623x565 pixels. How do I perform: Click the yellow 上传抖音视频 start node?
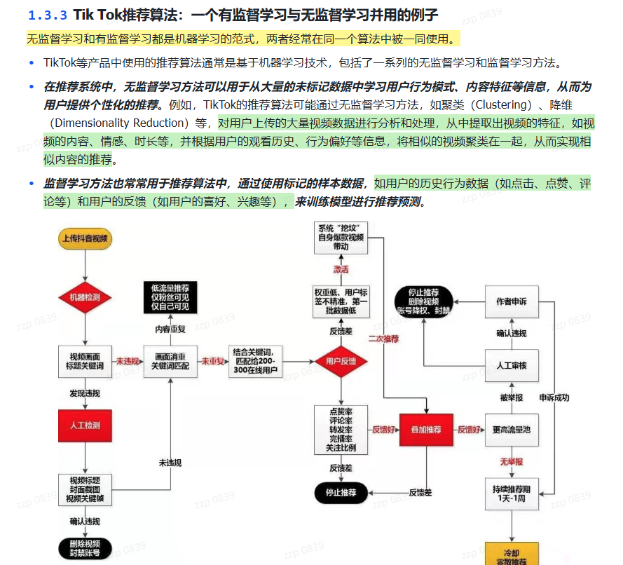point(85,239)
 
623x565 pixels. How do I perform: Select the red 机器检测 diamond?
point(85,297)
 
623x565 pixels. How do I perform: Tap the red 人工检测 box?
point(85,425)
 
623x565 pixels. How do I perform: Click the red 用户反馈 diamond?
point(341,361)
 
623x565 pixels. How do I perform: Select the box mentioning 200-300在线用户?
point(255,361)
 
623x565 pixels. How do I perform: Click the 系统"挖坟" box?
point(341,238)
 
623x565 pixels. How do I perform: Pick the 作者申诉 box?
point(512,301)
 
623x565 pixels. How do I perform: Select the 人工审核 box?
point(512,365)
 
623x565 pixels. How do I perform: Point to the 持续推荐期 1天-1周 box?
point(512,492)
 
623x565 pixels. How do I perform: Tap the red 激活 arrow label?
point(341,269)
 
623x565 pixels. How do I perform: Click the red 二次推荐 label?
point(383,339)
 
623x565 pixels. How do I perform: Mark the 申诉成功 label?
point(554,397)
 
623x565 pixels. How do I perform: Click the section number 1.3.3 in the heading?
point(47,15)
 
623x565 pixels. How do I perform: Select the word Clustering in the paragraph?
point(500,104)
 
